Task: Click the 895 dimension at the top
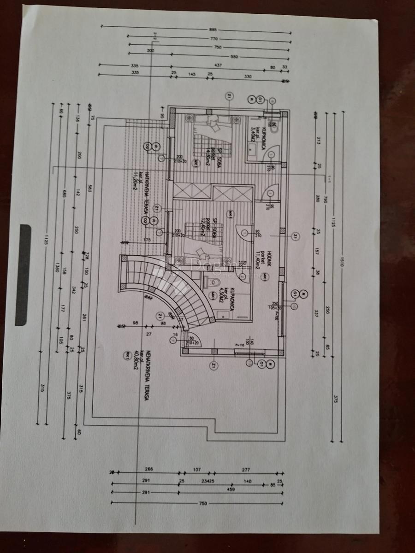pyautogui.click(x=212, y=29)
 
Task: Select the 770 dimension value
pyautogui.click(x=214, y=39)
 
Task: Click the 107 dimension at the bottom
pyautogui.click(x=197, y=470)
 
